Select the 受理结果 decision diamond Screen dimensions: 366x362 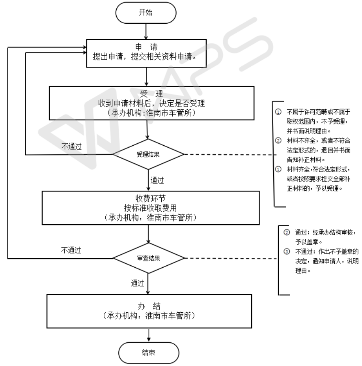[148, 154]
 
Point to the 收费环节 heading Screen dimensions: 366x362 [148, 198]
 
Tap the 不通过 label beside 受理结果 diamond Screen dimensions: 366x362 [71, 146]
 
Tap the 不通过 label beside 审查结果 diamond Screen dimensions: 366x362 [71, 250]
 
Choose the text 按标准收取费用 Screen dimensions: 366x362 [148, 207]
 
